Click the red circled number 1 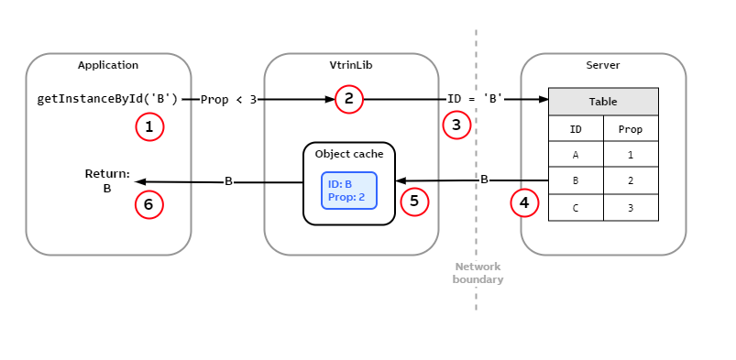tap(149, 126)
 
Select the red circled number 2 tap(349, 99)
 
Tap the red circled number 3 tap(456, 125)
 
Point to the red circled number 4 tap(524, 202)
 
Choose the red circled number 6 tap(149, 204)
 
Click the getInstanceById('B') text tap(107, 99)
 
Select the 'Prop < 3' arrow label tap(228, 99)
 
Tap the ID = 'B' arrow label tap(475, 99)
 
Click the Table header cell tap(603, 102)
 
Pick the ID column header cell tap(576, 129)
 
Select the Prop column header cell tap(631, 129)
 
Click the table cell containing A tap(576, 155)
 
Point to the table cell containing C tap(576, 208)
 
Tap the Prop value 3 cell tap(631, 208)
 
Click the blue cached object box tap(348, 191)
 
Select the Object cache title tap(348, 154)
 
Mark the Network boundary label tap(478, 273)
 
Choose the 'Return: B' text tap(107, 181)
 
